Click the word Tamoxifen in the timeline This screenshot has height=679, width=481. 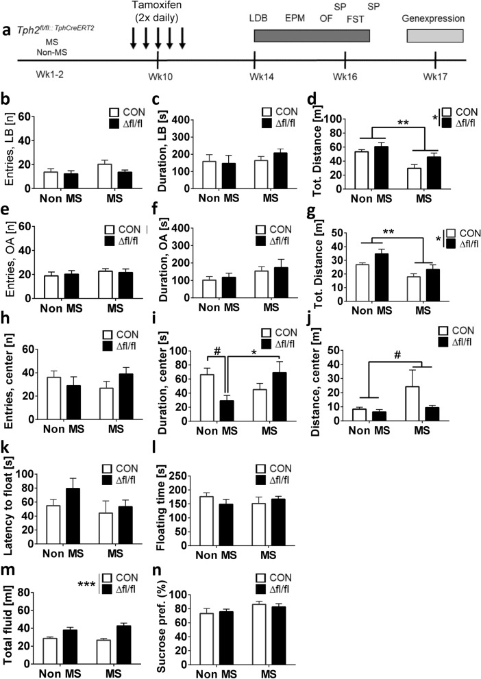click(158, 7)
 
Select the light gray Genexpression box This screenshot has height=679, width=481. click(435, 35)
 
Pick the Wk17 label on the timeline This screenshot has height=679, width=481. click(435, 76)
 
